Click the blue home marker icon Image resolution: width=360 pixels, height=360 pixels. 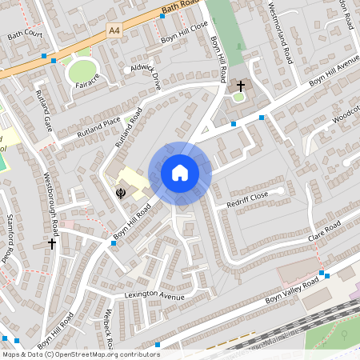[x=179, y=173]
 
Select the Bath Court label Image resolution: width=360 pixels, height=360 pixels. [x=24, y=35]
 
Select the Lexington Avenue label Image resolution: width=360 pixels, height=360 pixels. [x=154, y=298]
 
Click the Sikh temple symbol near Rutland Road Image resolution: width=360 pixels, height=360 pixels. [x=121, y=192]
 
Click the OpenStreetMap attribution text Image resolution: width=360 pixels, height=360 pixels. [x=80, y=354]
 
